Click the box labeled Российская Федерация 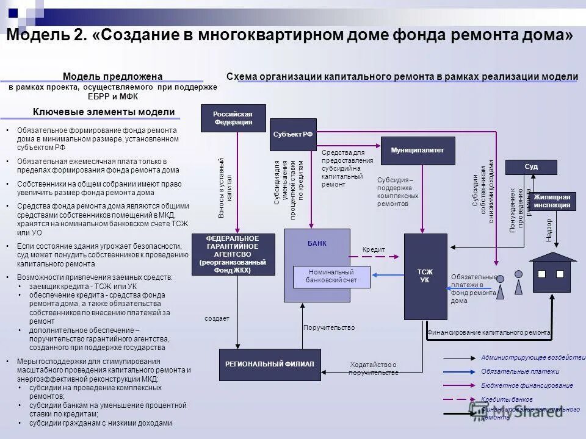click(233, 118)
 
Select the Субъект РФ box click(293, 134)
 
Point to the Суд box click(531, 167)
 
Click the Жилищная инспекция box click(552, 201)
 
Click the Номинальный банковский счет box click(331, 276)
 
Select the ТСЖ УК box click(425, 276)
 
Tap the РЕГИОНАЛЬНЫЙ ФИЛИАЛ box click(270, 364)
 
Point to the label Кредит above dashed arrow click(373, 250)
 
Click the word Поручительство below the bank click(329, 327)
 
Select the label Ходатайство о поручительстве click(373, 368)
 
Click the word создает click(217, 318)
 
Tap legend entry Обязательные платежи click(519, 371)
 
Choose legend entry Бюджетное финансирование click(527, 385)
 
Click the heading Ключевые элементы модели click(103, 112)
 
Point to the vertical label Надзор click(549, 230)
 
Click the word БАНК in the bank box click(317, 243)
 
